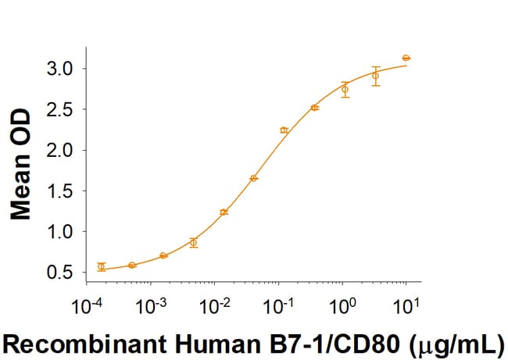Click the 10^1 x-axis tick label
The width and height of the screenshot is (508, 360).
tap(403, 302)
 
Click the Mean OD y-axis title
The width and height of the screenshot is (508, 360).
tap(22, 165)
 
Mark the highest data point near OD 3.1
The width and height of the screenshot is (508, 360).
tap(406, 58)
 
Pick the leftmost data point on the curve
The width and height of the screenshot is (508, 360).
tap(102, 267)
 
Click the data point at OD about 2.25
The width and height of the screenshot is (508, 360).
tap(284, 130)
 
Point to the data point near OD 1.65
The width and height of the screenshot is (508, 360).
tap(254, 178)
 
